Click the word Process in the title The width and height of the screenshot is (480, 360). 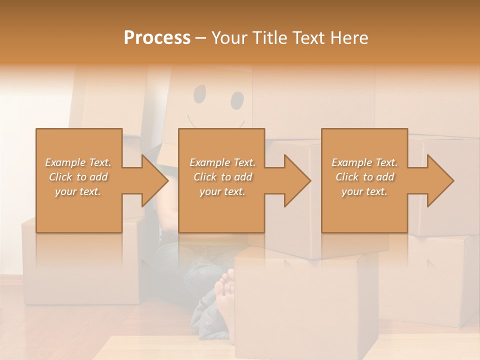[157, 38]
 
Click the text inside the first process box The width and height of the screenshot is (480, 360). [78, 177]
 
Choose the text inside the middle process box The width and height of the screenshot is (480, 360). [222, 177]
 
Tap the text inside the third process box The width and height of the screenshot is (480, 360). [364, 177]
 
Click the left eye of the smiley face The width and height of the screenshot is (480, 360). [199, 93]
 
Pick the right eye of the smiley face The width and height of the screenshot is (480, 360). [237, 100]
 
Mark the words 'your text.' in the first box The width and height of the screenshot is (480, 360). [78, 191]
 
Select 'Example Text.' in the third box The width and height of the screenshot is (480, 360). [364, 162]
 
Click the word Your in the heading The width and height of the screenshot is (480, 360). [228, 38]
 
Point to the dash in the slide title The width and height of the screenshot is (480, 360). [201, 38]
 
